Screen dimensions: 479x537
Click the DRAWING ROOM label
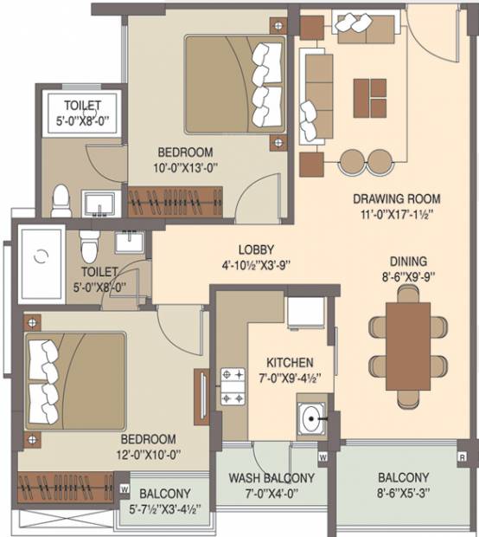[397, 199]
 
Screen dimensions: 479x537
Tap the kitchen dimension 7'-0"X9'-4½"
[290, 378]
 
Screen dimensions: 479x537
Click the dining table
[408, 346]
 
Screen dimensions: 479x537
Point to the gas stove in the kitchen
[233, 386]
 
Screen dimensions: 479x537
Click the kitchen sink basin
[310, 418]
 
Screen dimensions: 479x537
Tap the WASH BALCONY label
[271, 478]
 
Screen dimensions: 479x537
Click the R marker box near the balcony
[463, 457]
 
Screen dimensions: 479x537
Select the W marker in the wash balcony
[323, 456]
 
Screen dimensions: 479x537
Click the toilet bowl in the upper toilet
[61, 201]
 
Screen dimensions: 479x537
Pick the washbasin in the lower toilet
[130, 243]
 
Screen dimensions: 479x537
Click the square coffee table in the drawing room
[370, 98]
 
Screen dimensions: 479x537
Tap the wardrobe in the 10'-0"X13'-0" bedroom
[175, 202]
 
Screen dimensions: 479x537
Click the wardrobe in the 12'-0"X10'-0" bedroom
[66, 488]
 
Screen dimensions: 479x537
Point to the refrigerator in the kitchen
[306, 313]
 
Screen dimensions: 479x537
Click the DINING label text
[409, 262]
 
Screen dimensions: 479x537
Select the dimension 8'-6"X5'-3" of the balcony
[404, 493]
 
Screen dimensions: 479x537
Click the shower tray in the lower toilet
[42, 264]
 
